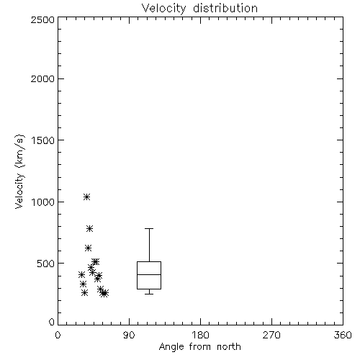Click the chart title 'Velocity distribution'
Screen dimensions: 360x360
199,8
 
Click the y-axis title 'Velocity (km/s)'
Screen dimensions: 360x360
19,171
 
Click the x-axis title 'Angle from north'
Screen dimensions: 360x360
199,347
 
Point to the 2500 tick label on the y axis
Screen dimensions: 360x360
42,19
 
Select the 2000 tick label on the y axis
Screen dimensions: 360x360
42,78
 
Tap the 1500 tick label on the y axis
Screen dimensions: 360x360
43,140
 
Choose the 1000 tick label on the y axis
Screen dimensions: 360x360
43,202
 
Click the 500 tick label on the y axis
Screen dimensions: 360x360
46,264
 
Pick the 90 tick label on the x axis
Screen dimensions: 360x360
129,335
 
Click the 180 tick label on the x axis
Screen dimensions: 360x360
200,335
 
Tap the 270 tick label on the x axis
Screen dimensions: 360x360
271,335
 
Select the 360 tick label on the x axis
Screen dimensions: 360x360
343,335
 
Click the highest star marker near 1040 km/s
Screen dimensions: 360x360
86,197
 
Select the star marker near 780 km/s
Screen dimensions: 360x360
89,229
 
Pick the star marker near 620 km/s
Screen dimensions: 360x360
88,248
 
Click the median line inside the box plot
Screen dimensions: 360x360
149,274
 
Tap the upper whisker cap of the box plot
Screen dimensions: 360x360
149,229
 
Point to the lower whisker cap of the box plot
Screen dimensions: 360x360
149,294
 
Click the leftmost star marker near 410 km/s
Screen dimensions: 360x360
81,275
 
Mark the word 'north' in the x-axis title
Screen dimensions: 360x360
229,347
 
